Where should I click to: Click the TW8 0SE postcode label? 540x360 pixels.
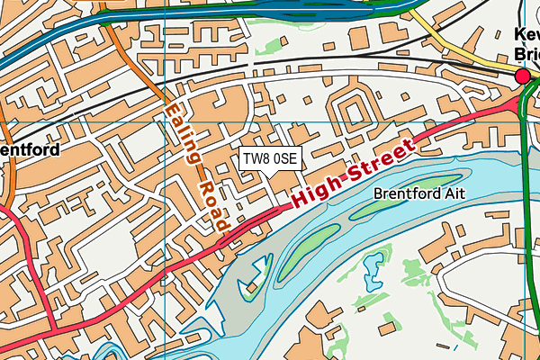[270, 158]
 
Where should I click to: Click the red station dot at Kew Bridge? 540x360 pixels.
[523, 78]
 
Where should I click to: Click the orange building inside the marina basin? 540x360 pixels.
[253, 287]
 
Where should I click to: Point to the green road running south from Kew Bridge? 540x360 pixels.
[531, 225]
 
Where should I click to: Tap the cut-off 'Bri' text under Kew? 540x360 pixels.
[526, 54]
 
